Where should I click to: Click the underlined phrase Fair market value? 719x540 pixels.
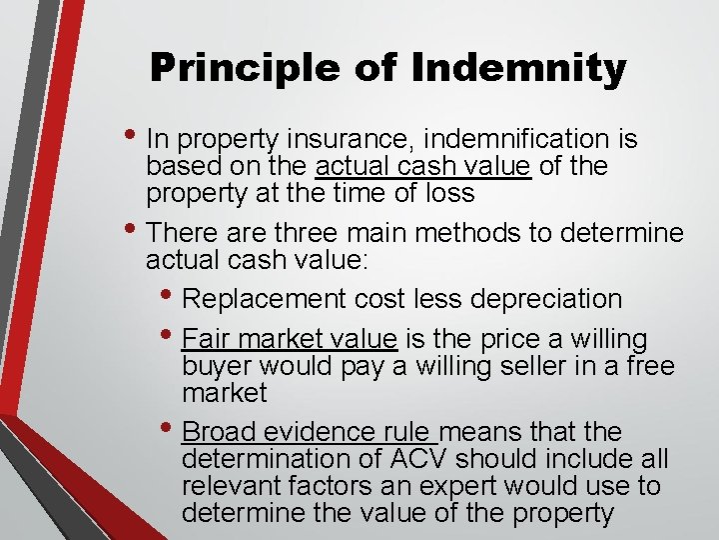[x=291, y=340]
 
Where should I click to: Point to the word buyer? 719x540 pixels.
[x=212, y=366]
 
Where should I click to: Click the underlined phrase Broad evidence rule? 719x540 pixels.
[x=309, y=432]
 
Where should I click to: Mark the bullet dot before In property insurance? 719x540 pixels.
[x=133, y=138]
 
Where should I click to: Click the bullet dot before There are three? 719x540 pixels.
[x=133, y=233]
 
